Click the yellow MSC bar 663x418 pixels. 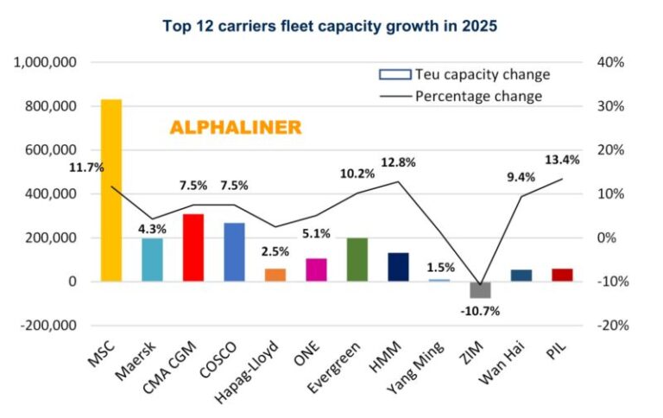point(111,190)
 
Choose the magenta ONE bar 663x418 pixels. point(316,269)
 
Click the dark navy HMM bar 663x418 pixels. point(398,267)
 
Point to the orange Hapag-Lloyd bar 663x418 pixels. point(275,275)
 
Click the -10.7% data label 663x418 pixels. point(479,310)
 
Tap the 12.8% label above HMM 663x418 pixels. point(398,162)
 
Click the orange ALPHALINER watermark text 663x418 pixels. point(235,128)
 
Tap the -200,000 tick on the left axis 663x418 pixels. point(47,326)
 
